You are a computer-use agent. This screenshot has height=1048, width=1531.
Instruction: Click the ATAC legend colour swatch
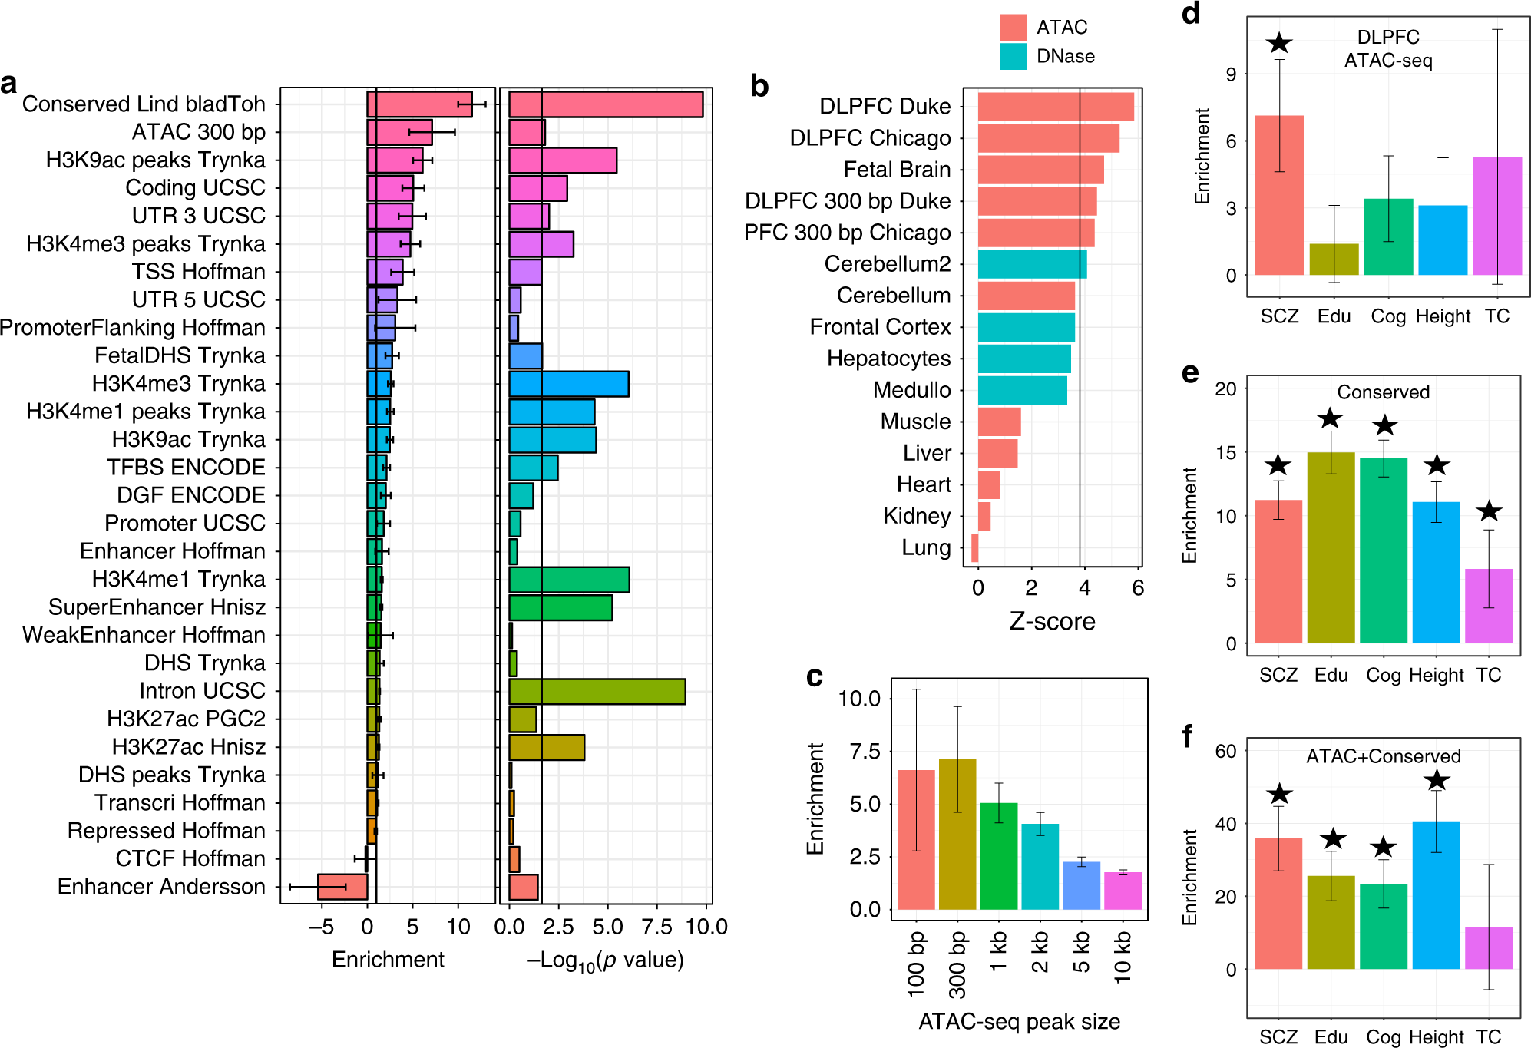(x=1014, y=28)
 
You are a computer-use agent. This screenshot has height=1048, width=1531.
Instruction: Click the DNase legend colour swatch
(x=1014, y=56)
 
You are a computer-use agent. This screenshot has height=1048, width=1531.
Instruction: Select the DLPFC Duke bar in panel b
(x=1056, y=107)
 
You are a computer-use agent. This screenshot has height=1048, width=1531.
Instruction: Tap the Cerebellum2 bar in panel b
(x=1032, y=264)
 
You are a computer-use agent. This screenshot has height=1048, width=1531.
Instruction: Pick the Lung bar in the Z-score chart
(x=975, y=547)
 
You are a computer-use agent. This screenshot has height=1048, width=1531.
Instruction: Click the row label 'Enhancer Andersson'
(x=161, y=887)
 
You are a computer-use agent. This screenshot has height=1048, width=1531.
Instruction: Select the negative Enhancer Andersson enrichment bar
(x=342, y=887)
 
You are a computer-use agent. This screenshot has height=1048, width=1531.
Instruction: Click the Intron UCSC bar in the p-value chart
(x=597, y=692)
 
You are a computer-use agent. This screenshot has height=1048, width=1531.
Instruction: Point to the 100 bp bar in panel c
(x=916, y=839)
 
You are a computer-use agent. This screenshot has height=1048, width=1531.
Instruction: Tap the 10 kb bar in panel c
(x=1123, y=891)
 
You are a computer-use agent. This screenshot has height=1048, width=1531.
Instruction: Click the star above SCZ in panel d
(x=1279, y=44)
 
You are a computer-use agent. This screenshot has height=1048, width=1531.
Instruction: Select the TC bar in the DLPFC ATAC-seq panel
(x=1497, y=216)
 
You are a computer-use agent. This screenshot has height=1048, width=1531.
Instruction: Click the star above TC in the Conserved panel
(x=1489, y=511)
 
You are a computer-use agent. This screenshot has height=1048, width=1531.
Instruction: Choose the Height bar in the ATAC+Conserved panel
(x=1436, y=894)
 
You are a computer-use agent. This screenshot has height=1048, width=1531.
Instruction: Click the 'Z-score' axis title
(x=1052, y=621)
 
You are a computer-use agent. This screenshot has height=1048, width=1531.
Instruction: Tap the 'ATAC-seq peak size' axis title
(x=1019, y=1021)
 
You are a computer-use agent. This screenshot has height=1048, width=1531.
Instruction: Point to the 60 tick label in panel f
(x=1225, y=751)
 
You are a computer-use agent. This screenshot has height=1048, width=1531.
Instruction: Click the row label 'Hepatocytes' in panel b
(x=888, y=359)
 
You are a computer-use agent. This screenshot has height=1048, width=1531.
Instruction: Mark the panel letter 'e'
(x=1190, y=373)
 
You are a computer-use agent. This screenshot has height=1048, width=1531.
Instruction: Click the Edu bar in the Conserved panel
(x=1331, y=547)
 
